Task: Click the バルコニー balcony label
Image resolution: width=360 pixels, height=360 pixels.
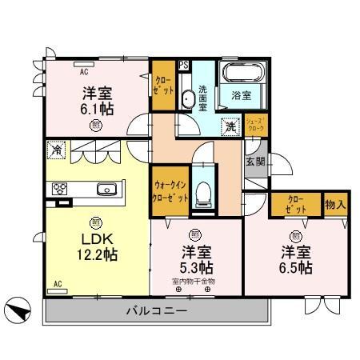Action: point(157,310)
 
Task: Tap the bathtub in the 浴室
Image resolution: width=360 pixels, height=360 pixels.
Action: point(242,74)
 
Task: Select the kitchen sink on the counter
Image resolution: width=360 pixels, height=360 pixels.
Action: point(106,190)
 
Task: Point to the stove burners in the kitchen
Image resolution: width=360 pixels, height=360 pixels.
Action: point(60,189)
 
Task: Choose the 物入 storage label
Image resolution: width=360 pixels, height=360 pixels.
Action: point(336,204)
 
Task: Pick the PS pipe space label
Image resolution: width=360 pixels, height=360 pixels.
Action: point(184,66)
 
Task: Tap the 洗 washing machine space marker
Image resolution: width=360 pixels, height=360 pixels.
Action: point(230,126)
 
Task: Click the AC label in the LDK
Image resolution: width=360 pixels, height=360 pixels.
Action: point(57,284)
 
